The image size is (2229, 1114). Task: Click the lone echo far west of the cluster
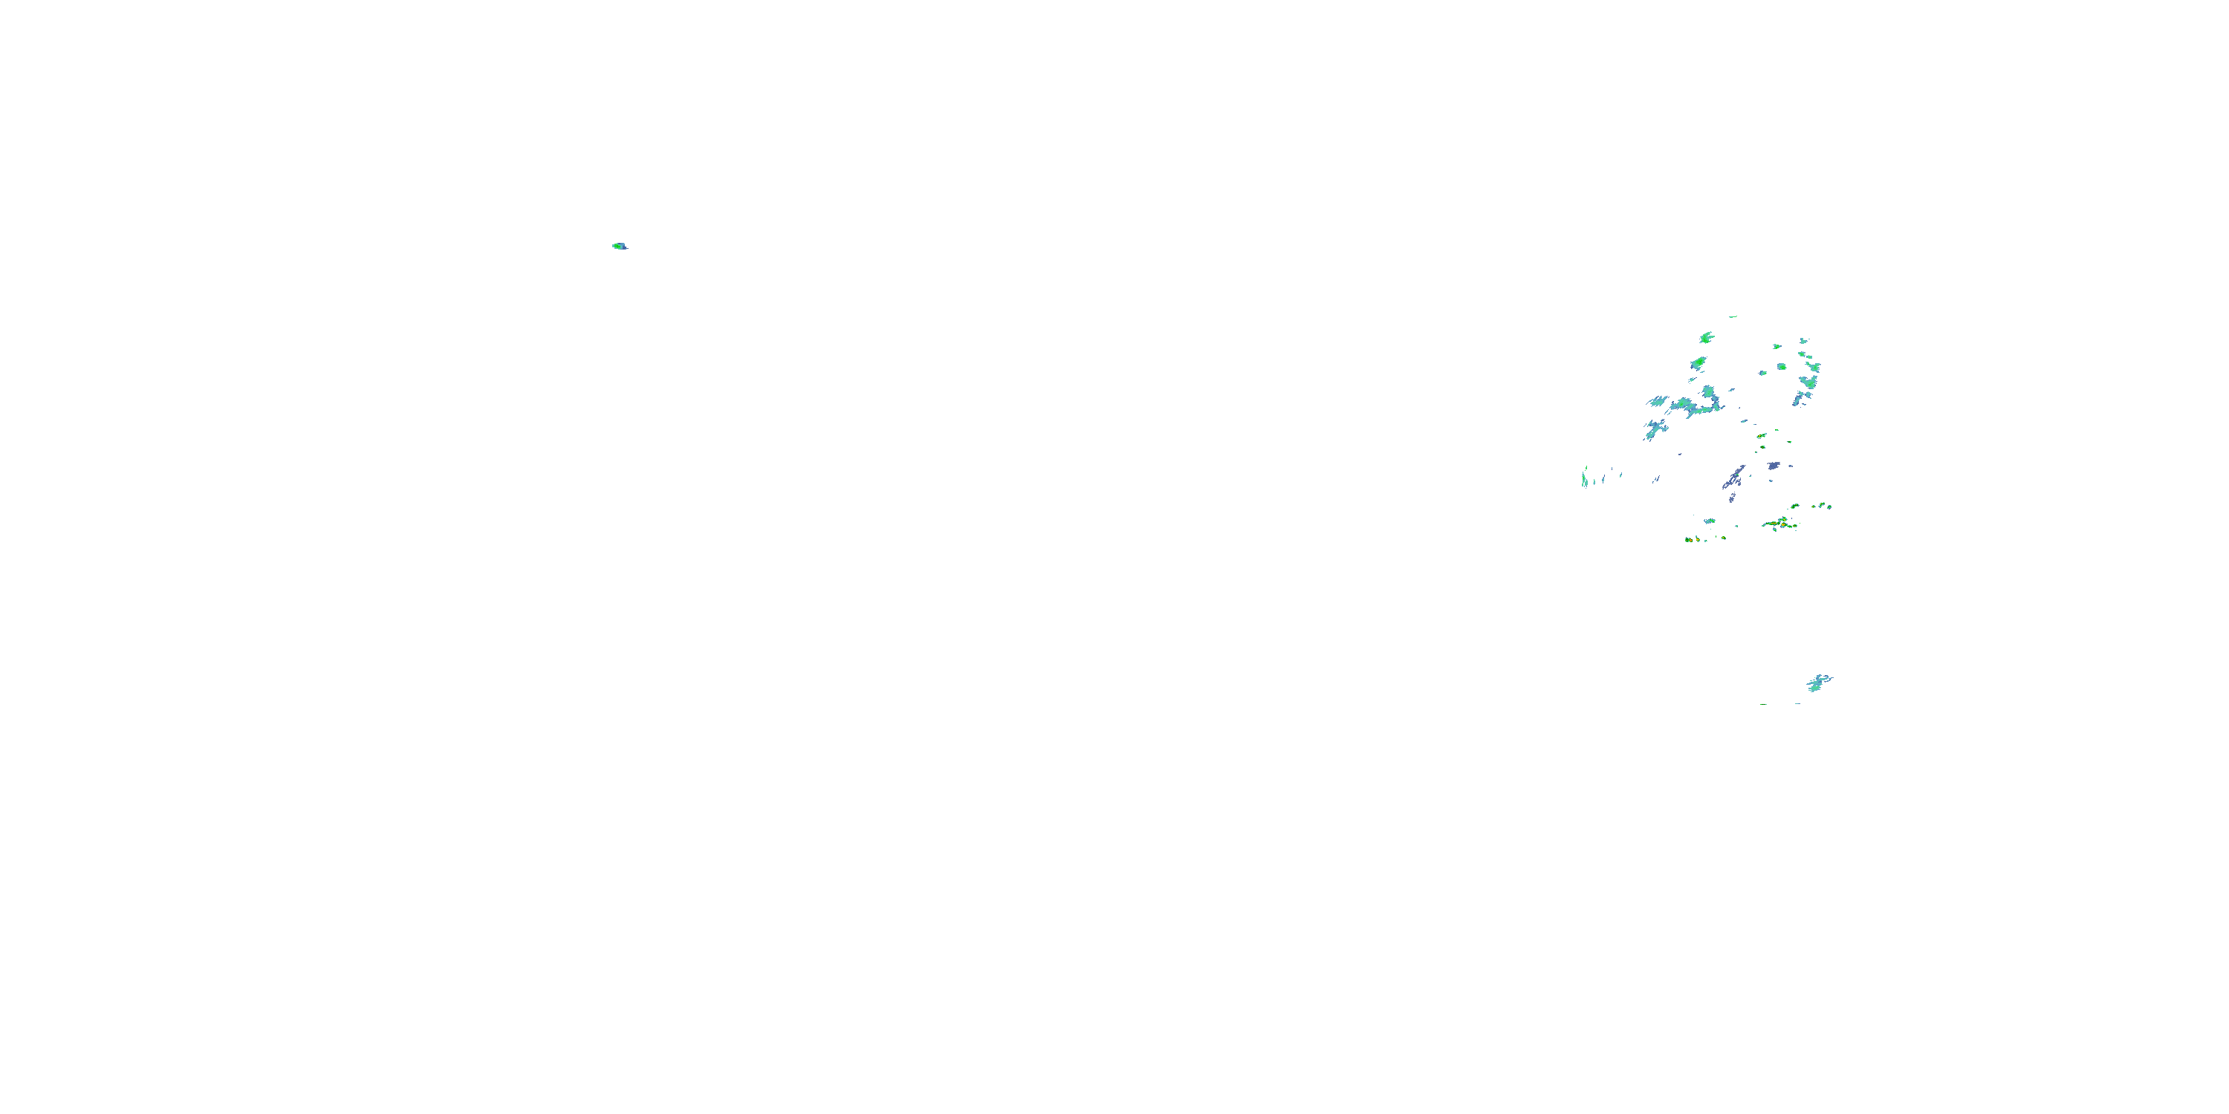[x=619, y=246]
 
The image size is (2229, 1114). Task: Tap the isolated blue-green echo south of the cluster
[x=1819, y=683]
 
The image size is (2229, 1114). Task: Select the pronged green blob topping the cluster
[x=1707, y=337]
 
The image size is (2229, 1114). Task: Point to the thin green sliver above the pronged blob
[x=1733, y=316]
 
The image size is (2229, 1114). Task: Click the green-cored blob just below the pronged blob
[x=1699, y=362]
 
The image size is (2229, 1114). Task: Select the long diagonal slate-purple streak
[x=1734, y=477]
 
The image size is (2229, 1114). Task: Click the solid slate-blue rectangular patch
[x=1774, y=466]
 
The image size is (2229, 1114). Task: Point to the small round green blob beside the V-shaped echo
[x=1782, y=367]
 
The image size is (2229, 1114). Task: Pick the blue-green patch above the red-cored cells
[x=1710, y=521]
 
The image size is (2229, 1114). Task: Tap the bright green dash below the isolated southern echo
[x=1763, y=704]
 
